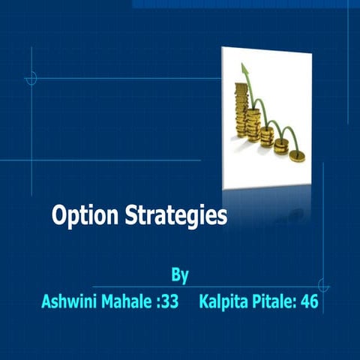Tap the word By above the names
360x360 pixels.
(x=179, y=274)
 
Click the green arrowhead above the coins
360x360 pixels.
(x=243, y=70)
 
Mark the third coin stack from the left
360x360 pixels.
(x=268, y=135)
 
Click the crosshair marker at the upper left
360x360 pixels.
(x=31, y=77)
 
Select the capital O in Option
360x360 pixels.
(x=59, y=217)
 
